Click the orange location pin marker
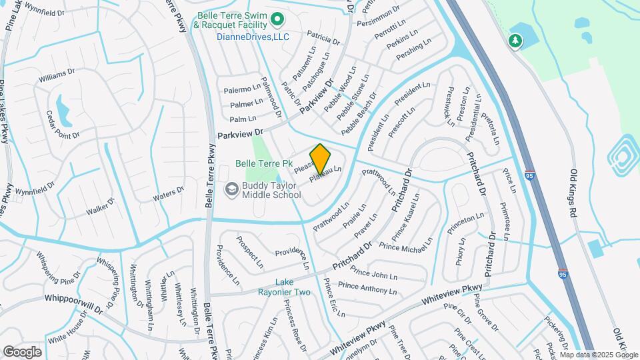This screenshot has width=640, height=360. [320, 159]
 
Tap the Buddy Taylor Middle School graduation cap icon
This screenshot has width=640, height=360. [231, 189]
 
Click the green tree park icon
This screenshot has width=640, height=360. [515, 40]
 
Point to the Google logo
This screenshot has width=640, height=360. [22, 351]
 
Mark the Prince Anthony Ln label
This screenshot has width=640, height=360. [367, 287]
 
